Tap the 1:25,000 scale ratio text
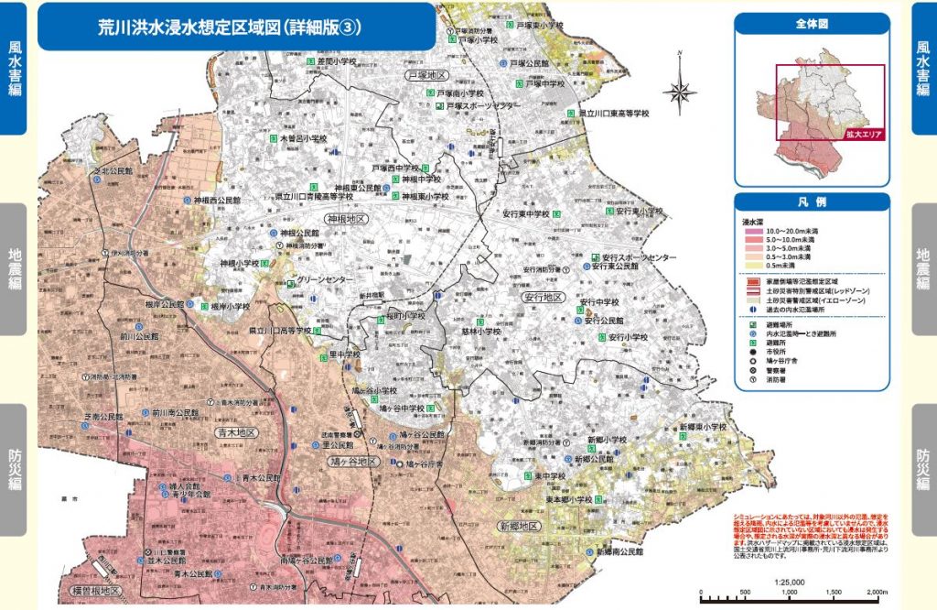pyautogui.click(x=789, y=582)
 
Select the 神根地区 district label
pyautogui.click(x=347, y=220)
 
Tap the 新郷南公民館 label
pyautogui.click(x=619, y=553)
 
